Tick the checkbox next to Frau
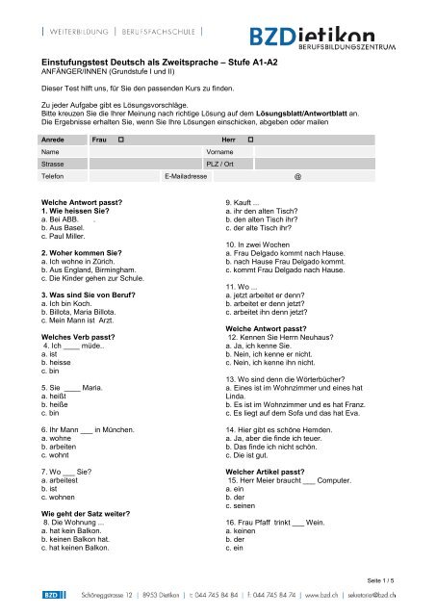pos(120,140)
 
